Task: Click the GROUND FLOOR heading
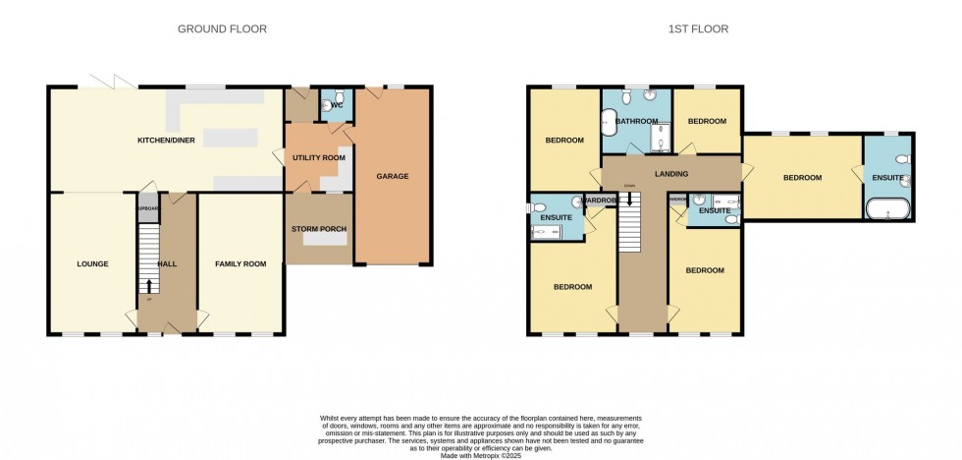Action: pyautogui.click(x=222, y=29)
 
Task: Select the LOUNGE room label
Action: pyautogui.click(x=92, y=263)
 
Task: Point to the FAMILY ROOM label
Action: pyautogui.click(x=240, y=263)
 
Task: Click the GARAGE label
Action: pyautogui.click(x=393, y=177)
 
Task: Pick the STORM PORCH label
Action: pyautogui.click(x=318, y=229)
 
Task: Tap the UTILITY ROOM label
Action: pyautogui.click(x=318, y=157)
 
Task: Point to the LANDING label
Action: pyautogui.click(x=672, y=174)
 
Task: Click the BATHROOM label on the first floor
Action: pyautogui.click(x=637, y=120)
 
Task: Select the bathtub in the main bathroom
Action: pyautogui.click(x=610, y=123)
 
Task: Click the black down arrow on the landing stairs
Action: pyautogui.click(x=628, y=199)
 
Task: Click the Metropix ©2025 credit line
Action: pyautogui.click(x=481, y=454)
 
